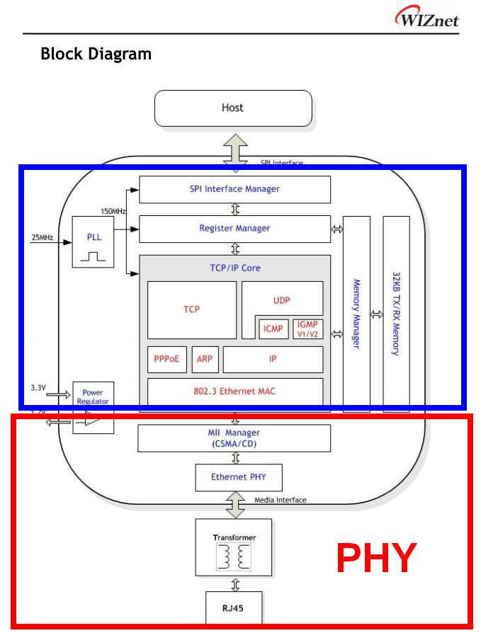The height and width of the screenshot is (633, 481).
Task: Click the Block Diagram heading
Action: pyautogui.click(x=96, y=54)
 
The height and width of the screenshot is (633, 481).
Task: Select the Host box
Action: pyautogui.click(x=232, y=108)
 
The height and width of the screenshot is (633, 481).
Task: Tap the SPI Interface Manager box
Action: pyautogui.click(x=234, y=189)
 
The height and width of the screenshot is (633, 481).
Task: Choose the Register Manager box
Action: pyautogui.click(x=234, y=229)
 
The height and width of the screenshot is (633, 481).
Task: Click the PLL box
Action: pyautogui.click(x=94, y=241)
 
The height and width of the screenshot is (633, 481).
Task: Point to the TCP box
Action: pyautogui.click(x=191, y=309)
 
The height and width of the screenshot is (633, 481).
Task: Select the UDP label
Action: pyautogui.click(x=281, y=300)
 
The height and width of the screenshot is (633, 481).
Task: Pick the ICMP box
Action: pyautogui.click(x=272, y=329)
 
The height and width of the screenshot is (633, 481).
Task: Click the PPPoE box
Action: pyautogui.click(x=166, y=359)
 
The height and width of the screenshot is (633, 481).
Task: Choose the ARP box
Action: pyautogui.click(x=204, y=359)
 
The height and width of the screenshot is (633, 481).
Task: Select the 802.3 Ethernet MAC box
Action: pyautogui.click(x=234, y=390)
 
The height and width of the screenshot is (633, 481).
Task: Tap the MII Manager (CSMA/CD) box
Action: pyautogui.click(x=234, y=438)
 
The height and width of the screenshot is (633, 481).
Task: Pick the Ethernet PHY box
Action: pyautogui.click(x=238, y=477)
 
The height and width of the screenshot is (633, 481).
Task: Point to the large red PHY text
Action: pyautogui.click(x=375, y=559)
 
